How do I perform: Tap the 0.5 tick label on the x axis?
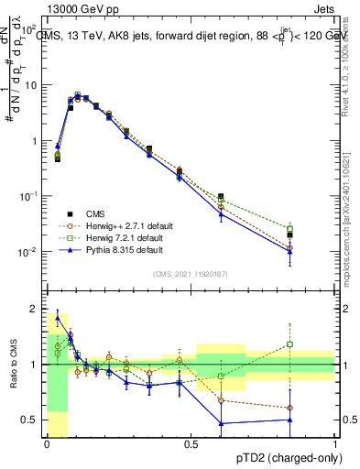pos(191,443)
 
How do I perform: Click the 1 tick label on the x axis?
pos(334,443)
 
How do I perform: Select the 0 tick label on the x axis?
pos(47,443)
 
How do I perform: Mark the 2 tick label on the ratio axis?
pos(35,309)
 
